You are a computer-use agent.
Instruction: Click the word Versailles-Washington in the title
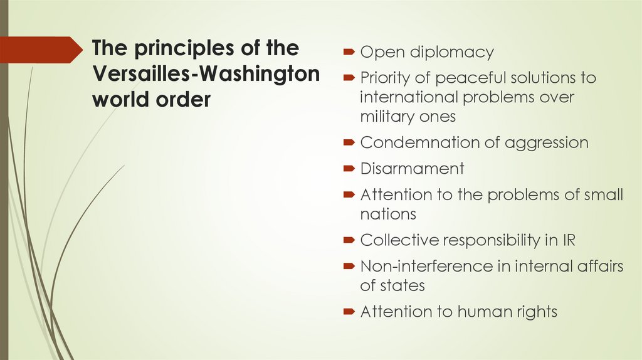tap(206, 74)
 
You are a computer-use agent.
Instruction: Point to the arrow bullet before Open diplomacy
tap(350, 52)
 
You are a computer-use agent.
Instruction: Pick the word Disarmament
tap(412, 169)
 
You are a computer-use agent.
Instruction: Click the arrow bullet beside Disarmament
tap(350, 169)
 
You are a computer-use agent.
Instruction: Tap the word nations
tap(388, 214)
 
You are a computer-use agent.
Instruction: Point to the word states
tap(402, 285)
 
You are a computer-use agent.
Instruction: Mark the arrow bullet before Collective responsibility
tap(350, 240)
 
